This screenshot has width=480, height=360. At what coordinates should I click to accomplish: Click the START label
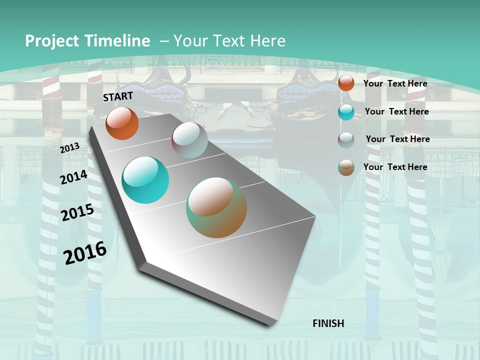tap(118, 96)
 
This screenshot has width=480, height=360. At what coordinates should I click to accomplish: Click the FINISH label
tap(328, 323)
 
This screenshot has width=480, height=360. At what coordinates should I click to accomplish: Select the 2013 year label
tap(69, 148)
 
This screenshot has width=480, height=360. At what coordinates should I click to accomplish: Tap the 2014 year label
tap(73, 177)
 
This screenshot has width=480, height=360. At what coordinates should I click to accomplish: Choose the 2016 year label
tap(85, 253)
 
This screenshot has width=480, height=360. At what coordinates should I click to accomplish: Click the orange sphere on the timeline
tap(122, 123)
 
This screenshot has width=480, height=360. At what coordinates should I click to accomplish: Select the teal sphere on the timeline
tap(145, 180)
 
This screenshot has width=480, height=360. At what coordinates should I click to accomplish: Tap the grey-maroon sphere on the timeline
tap(189, 140)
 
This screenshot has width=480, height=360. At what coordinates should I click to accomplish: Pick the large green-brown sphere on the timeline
tap(216, 207)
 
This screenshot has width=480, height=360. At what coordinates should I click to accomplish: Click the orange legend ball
tap(346, 83)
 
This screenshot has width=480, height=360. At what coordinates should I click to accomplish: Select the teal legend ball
tap(346, 112)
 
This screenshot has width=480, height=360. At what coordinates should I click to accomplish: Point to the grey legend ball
tap(346, 140)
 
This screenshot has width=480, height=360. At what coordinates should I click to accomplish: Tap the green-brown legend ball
tap(346, 167)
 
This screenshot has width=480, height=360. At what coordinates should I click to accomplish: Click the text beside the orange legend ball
tap(395, 83)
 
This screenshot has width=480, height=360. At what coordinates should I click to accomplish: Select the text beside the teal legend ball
tap(396, 111)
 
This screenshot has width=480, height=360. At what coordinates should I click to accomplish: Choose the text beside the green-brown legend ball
tap(395, 167)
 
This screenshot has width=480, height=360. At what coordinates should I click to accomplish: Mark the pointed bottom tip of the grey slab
tap(270, 325)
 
